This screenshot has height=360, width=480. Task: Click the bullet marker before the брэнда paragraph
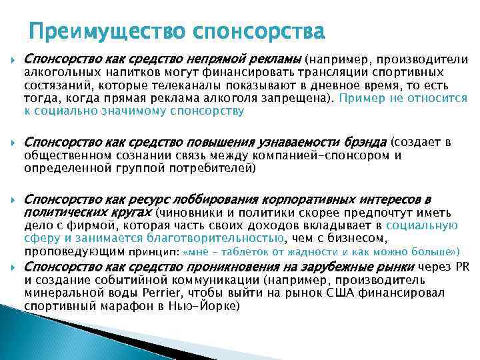[13, 143]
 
